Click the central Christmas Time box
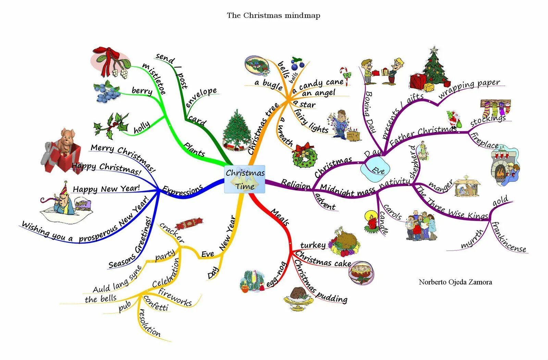[245, 179]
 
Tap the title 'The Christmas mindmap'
[273, 15]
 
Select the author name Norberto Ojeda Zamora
[455, 282]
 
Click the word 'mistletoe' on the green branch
[154, 78]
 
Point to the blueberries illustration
[107, 92]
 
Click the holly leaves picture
[111, 126]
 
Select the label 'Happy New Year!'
[106, 189]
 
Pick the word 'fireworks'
[175, 297]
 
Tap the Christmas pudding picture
[298, 298]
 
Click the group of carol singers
[421, 226]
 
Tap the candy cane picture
[346, 76]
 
